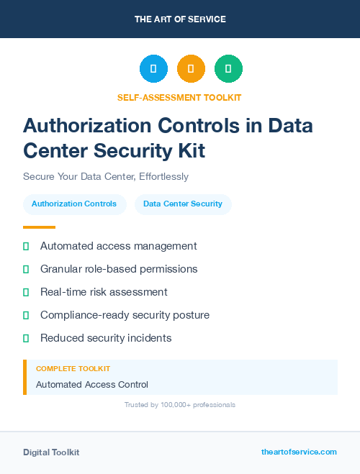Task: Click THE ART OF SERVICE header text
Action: coord(180,19)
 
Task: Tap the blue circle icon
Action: coord(153,68)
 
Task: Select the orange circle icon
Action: coord(191,68)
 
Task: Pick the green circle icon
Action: coord(228,68)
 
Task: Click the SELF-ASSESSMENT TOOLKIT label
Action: coord(179,97)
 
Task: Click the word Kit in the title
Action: coord(191,151)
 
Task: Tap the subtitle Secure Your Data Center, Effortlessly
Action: coord(105,176)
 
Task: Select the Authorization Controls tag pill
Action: coord(74,204)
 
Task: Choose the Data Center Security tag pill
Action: coord(183,204)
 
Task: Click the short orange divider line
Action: coord(39,227)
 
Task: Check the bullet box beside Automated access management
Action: coord(26,246)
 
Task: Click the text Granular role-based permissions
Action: coord(119,269)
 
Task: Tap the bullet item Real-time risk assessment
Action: coord(104,292)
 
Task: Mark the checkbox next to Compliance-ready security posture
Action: coord(26,315)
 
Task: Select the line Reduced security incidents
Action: coord(106,338)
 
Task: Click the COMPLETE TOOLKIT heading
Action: coord(73,369)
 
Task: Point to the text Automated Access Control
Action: coord(92,385)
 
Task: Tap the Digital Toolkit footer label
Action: coord(51,452)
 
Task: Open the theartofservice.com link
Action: coord(299,452)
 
